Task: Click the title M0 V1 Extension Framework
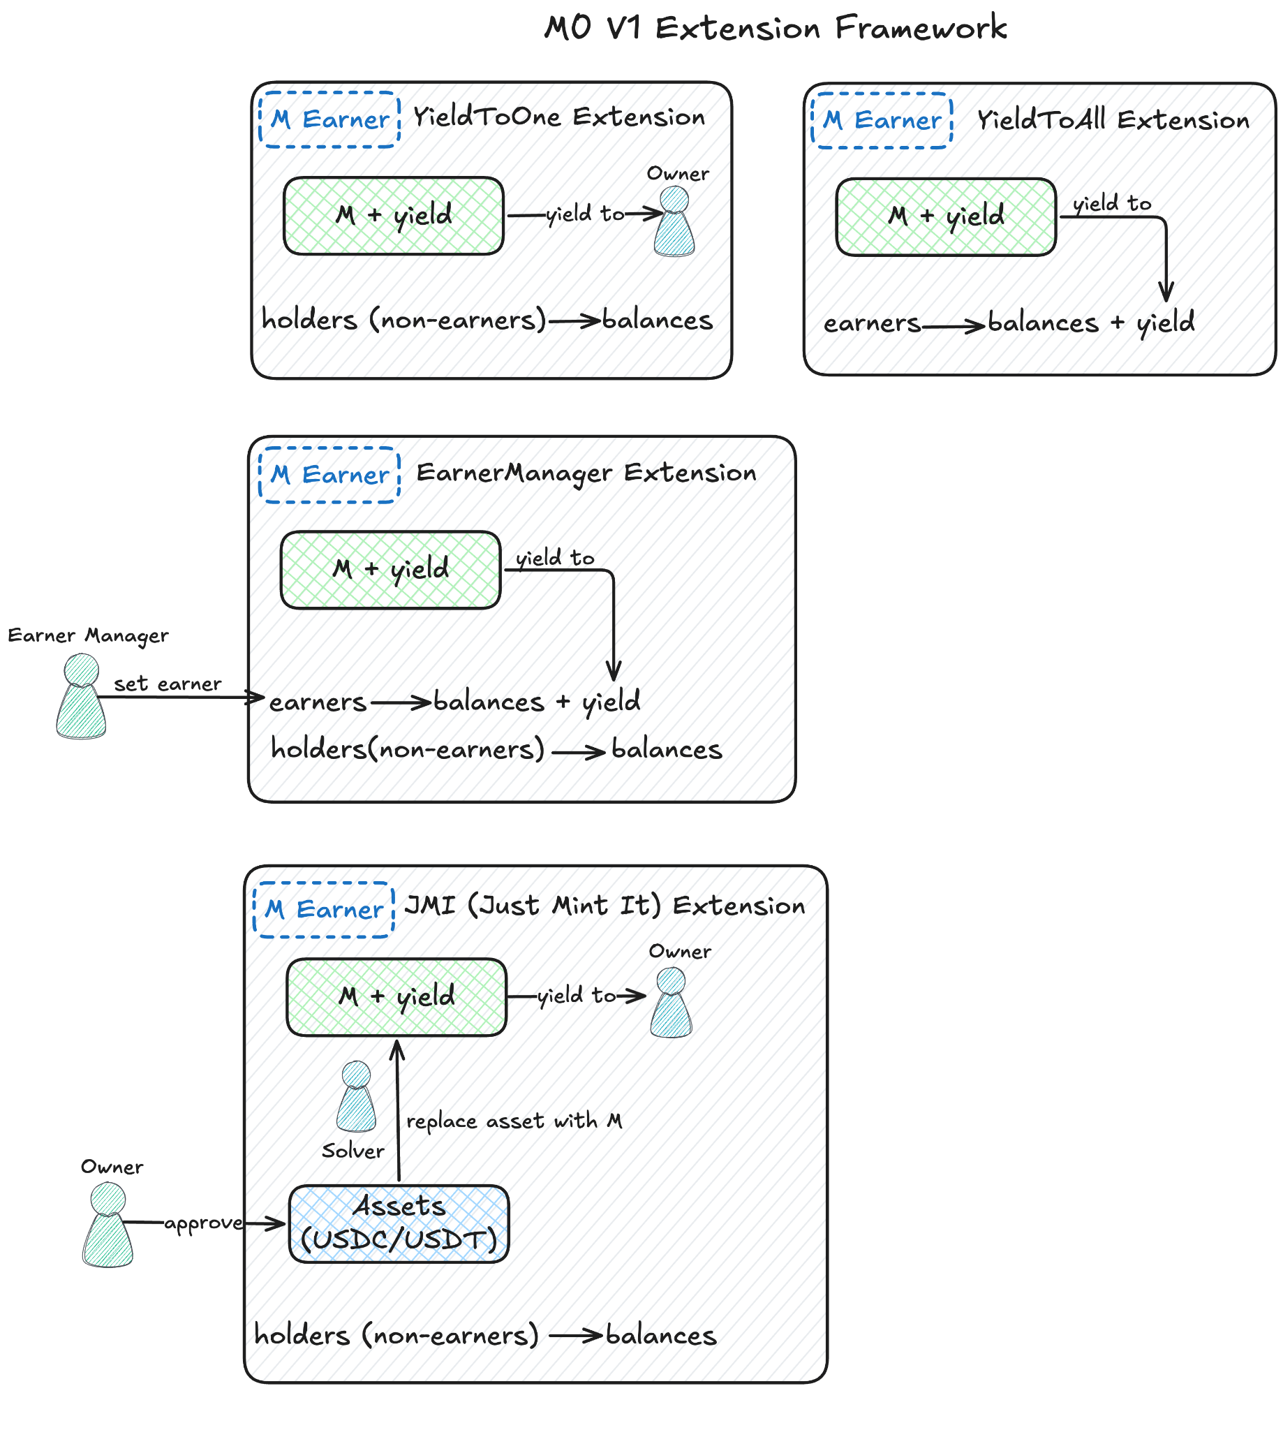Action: coord(775,28)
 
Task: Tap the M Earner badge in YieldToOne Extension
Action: coord(329,119)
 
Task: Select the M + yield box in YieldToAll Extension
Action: coord(945,216)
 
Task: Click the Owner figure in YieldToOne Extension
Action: coord(674,222)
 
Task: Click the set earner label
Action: coord(167,684)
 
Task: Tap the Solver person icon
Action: coord(356,1097)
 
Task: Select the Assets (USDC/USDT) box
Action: coord(399,1223)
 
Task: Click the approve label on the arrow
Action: coord(203,1223)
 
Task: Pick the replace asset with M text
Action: coord(514,1121)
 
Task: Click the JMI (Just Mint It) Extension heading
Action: coord(604,906)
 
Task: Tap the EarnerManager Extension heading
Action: coord(586,473)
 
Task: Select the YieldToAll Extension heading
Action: coord(1113,120)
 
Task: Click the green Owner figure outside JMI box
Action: coord(108,1225)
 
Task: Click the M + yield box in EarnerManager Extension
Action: coord(390,570)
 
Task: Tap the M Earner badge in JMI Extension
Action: coord(324,910)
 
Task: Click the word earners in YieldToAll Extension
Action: coord(871,323)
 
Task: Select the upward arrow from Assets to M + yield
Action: coord(399,1111)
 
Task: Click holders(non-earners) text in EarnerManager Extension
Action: coord(408,749)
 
